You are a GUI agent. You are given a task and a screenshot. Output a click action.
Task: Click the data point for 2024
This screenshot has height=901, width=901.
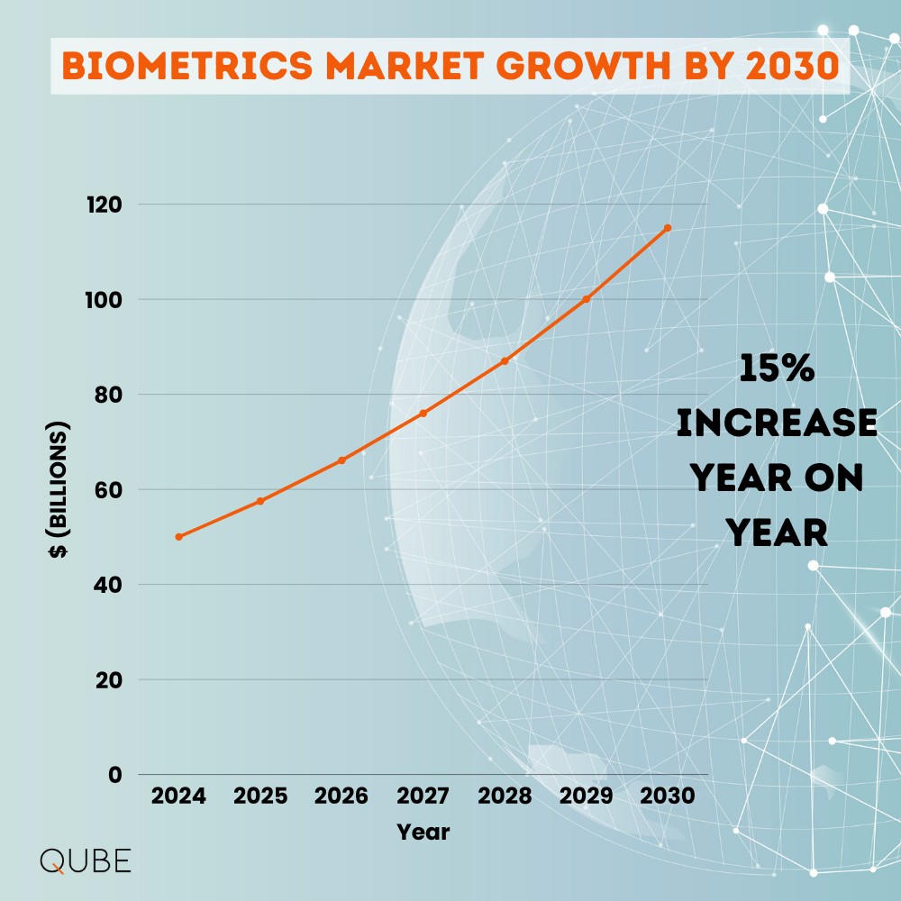coord(178,537)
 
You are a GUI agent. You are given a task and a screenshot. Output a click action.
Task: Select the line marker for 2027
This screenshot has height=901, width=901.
coord(423,414)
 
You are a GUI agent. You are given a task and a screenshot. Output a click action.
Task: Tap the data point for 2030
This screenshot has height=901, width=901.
coord(668,228)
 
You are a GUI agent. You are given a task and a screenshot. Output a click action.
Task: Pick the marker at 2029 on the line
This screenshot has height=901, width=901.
coord(587,299)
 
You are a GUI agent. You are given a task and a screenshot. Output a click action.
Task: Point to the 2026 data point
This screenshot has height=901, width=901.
coord(341,460)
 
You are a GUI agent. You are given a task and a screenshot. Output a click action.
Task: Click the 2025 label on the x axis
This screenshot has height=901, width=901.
coord(260,796)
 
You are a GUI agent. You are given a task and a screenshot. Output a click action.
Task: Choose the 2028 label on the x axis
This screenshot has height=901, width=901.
coord(505,796)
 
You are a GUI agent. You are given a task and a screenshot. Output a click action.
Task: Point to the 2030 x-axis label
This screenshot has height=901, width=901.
coord(668,796)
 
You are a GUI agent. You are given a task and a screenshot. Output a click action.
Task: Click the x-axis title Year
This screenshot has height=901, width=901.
coord(423,831)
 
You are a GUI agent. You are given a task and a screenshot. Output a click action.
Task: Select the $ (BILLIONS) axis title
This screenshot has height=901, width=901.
coord(59,489)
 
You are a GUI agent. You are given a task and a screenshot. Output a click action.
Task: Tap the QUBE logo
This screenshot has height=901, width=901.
coord(86,860)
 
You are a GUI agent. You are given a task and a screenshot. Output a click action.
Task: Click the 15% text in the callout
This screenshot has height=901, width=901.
coord(777,369)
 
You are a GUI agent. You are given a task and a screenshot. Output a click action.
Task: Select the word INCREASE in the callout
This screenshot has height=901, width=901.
coord(777,423)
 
